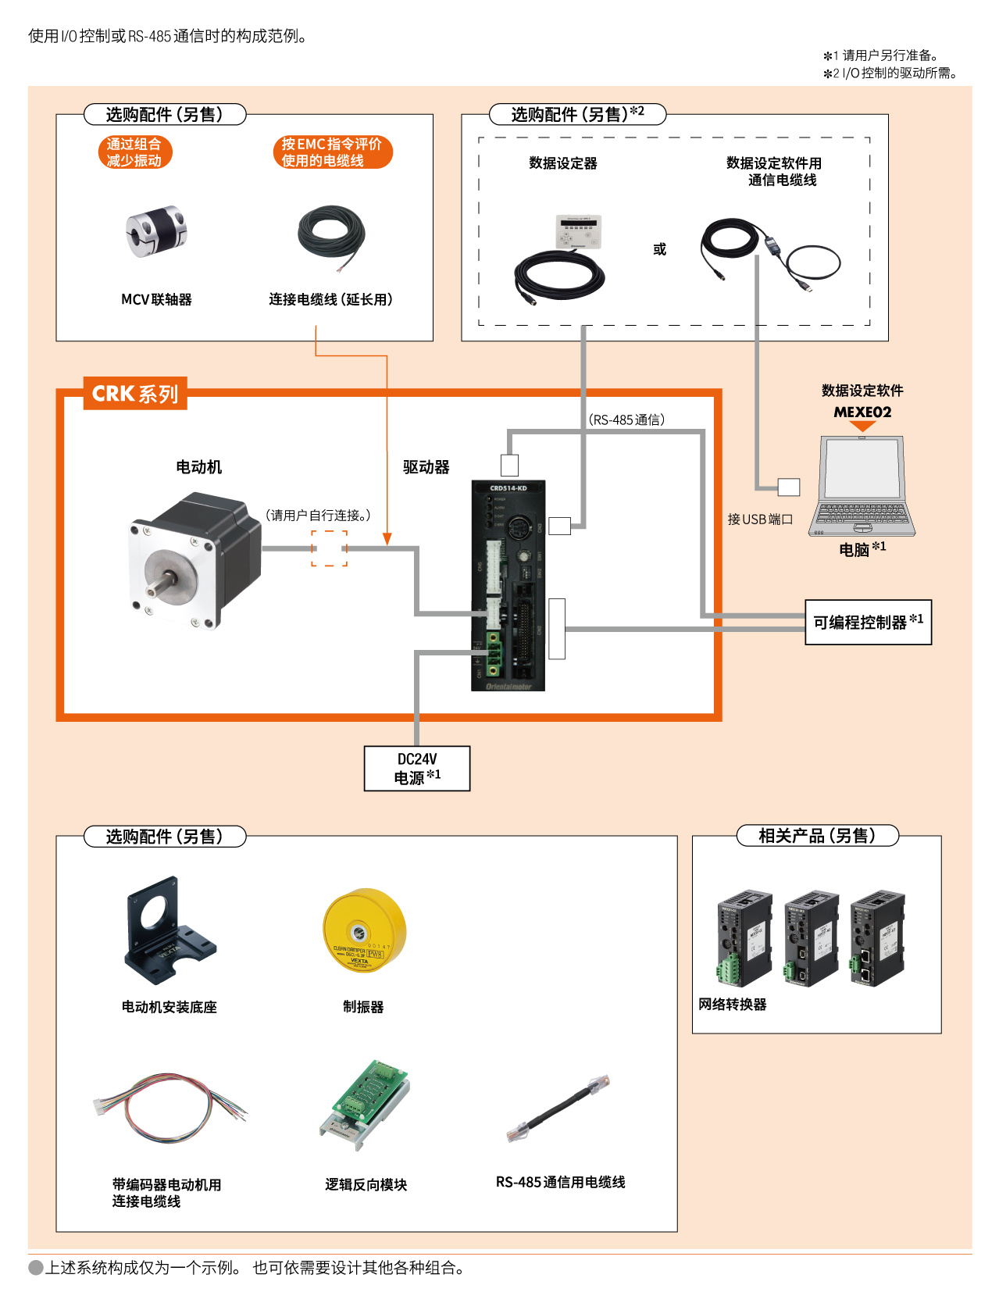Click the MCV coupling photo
click(x=156, y=231)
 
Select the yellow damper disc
click(x=365, y=930)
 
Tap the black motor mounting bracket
click(x=167, y=930)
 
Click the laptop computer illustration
click(x=862, y=486)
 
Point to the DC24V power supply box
click(x=417, y=769)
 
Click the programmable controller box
click(x=868, y=622)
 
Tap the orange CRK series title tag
click(x=135, y=394)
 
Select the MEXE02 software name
click(x=862, y=412)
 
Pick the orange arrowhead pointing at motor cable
click(x=387, y=539)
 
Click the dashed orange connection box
click(x=329, y=548)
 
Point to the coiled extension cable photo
click(x=332, y=234)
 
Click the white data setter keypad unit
click(x=579, y=231)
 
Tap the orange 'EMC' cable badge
click(x=332, y=152)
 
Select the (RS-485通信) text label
click(x=627, y=419)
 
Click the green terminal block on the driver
click(x=494, y=654)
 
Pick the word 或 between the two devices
click(x=660, y=249)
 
